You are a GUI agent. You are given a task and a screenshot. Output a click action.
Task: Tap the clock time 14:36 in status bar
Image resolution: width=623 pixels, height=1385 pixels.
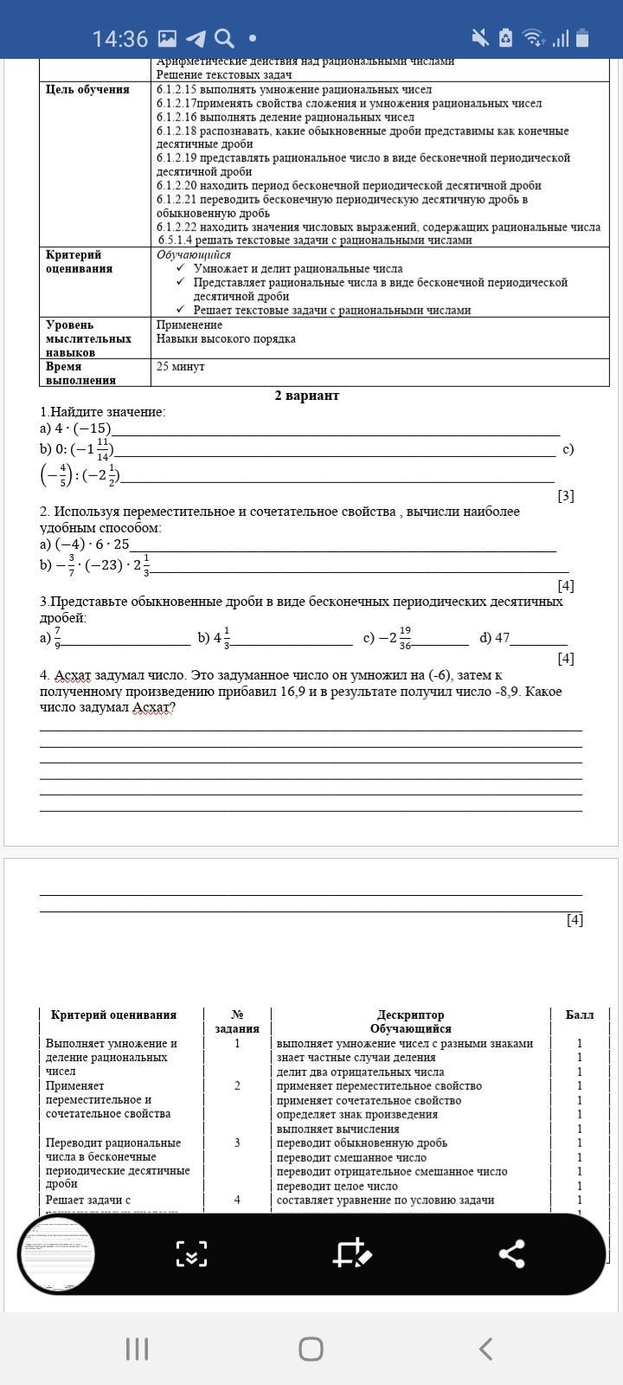tap(120, 39)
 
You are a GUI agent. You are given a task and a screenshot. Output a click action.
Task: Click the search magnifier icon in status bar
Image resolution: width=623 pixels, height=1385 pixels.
tap(223, 39)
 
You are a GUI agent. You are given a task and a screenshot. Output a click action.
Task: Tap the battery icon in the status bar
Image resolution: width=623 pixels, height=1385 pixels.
tap(582, 38)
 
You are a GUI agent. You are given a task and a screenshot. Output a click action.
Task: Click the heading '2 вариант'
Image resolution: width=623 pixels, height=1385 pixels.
tap(307, 396)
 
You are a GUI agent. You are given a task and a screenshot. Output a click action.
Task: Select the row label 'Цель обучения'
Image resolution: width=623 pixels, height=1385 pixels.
tap(87, 90)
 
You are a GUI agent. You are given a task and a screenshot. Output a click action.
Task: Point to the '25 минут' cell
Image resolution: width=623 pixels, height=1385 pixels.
tap(181, 367)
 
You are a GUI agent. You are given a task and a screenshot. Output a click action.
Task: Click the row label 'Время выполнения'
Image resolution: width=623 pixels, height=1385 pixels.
tap(80, 373)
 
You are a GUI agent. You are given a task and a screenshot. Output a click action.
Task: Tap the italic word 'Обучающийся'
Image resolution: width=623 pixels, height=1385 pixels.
tap(194, 255)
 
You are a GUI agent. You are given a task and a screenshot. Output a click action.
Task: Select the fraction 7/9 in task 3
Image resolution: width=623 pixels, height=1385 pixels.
tap(57, 638)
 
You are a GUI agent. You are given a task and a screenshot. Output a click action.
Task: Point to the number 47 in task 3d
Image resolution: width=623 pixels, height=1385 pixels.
tap(502, 638)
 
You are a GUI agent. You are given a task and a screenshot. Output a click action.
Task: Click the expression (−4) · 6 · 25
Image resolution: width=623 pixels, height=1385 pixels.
tap(92, 544)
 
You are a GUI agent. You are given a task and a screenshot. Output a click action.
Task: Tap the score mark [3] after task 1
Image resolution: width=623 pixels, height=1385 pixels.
tap(566, 496)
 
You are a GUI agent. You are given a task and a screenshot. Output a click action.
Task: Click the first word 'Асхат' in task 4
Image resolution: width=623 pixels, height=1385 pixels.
tap(73, 675)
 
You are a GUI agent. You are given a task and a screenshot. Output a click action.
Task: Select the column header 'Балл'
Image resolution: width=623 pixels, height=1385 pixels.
tap(580, 1015)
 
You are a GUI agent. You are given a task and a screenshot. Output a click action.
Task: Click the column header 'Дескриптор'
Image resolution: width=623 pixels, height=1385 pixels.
tap(410, 1015)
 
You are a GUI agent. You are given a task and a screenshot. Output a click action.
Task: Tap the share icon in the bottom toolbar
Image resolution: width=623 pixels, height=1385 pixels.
tap(511, 1253)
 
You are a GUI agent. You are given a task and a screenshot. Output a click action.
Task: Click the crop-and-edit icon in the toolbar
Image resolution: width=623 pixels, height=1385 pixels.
tap(352, 1253)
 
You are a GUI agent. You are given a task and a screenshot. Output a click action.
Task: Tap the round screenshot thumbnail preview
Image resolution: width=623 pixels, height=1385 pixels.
tap(57, 1253)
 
